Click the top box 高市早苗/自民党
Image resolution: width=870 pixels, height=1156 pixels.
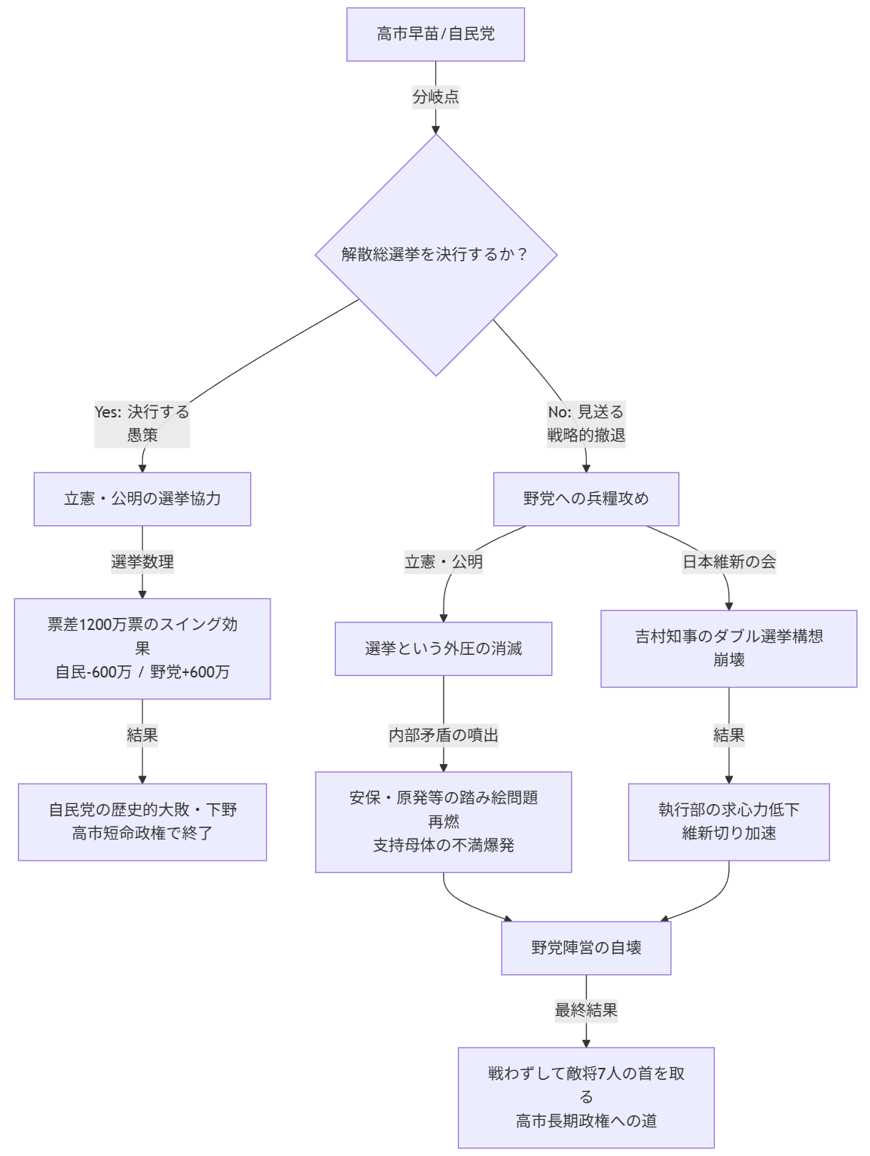click(x=435, y=34)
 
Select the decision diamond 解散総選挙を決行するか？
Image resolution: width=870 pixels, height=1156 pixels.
click(x=435, y=255)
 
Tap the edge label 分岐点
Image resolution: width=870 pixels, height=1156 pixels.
click(x=435, y=96)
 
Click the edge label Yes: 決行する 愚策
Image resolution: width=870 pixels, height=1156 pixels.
click(x=142, y=424)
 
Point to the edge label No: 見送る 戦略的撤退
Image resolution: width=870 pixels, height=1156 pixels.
click(x=586, y=424)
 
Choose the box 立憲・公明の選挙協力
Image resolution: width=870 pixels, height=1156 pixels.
click(x=142, y=499)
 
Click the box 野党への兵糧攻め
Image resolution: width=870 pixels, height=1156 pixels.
click(x=586, y=499)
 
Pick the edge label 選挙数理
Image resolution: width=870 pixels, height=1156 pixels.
click(x=142, y=561)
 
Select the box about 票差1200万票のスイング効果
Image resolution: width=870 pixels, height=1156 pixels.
click(x=142, y=648)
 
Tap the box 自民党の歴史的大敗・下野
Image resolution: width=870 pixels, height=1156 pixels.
click(x=142, y=821)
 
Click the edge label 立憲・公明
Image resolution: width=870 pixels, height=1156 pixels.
click(x=444, y=561)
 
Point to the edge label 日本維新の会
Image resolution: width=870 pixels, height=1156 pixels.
click(x=728, y=561)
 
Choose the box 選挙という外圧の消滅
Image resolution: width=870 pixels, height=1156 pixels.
click(x=444, y=648)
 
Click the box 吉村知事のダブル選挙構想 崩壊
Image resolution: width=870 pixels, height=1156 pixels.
click(x=728, y=648)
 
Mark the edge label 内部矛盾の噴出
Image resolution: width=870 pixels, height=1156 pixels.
click(x=444, y=735)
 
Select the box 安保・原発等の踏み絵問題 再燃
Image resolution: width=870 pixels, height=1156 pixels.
click(x=444, y=821)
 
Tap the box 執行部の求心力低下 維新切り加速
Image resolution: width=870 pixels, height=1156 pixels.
click(x=728, y=821)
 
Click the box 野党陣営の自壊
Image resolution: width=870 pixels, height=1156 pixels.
click(x=586, y=948)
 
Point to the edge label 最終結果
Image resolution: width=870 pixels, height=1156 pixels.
click(x=586, y=1010)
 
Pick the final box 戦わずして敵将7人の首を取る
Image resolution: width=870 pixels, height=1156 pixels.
click(x=586, y=1097)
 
